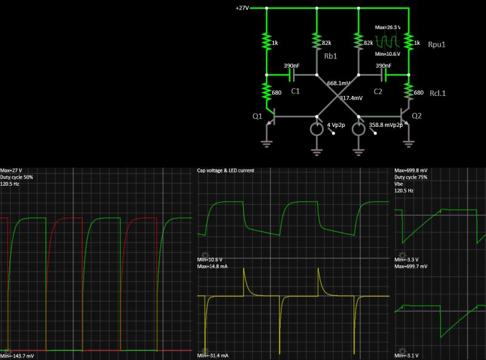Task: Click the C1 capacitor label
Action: [295, 91]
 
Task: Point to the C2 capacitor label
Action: [377, 91]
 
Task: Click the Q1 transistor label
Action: [258, 116]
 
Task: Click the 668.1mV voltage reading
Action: [339, 83]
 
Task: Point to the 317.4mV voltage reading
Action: [351, 98]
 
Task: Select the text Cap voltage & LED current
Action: [226, 171]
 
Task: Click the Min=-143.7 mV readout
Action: [18, 356]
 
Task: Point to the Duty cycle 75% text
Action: [411, 177]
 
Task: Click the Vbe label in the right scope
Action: [400, 184]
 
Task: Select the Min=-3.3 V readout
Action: [408, 259]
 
